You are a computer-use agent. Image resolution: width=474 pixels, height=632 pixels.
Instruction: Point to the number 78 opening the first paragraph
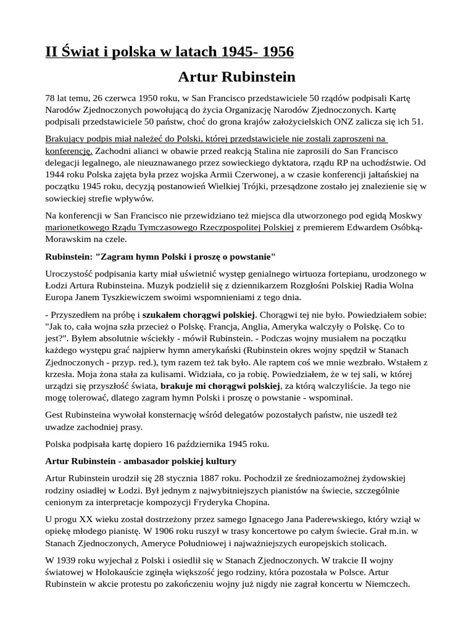pos(51,98)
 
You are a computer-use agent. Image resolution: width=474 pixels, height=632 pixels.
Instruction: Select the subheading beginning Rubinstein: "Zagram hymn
pos(160,256)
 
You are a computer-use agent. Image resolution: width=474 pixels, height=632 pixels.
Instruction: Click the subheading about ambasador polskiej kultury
pos(141,461)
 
